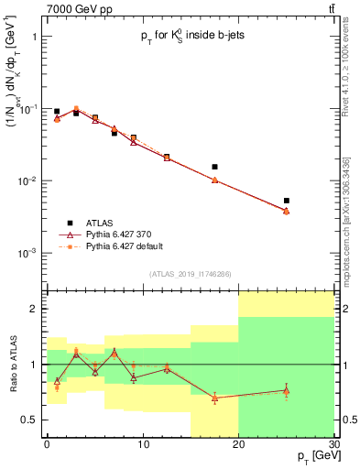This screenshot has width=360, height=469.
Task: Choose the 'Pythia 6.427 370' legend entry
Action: pos(110,234)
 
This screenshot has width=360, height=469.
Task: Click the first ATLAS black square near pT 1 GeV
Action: pos(57,112)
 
